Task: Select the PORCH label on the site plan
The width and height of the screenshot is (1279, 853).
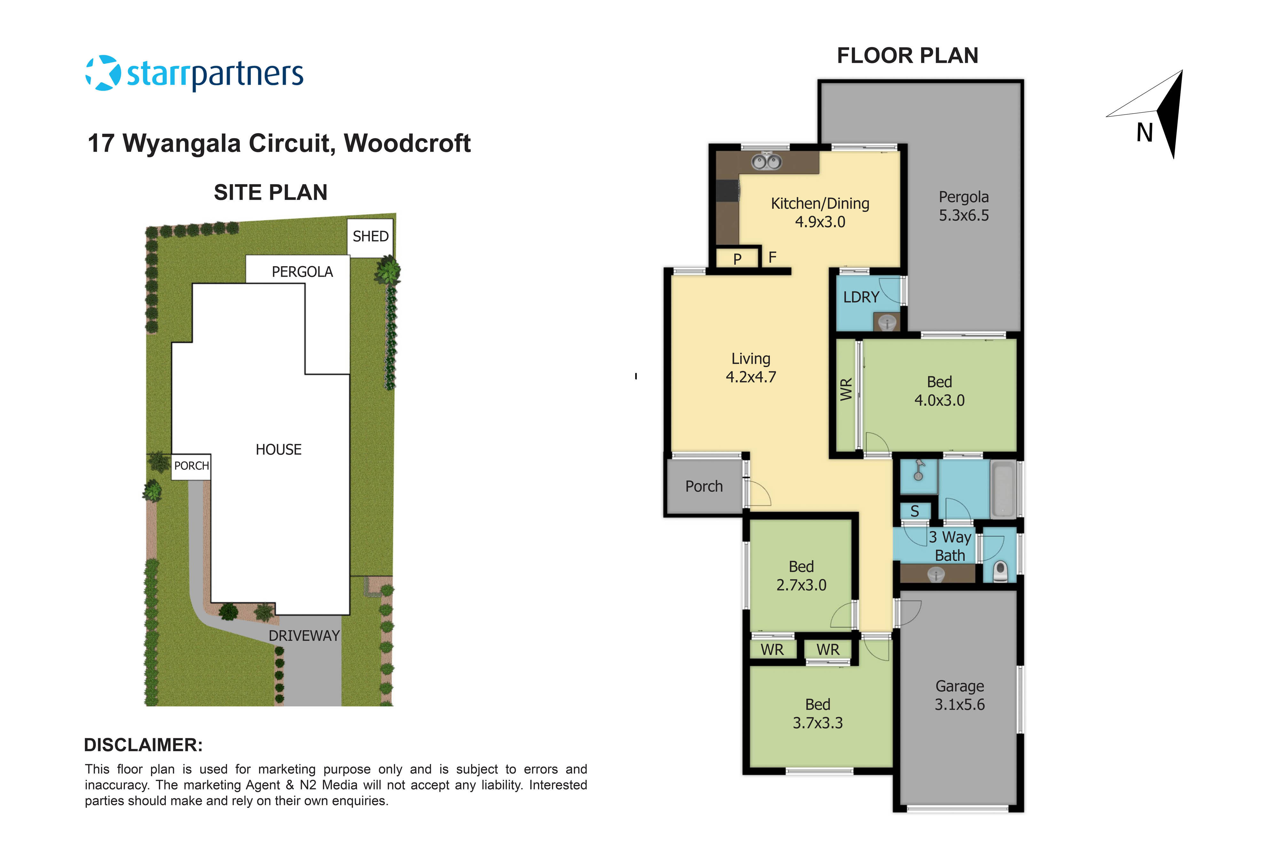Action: pos(192,466)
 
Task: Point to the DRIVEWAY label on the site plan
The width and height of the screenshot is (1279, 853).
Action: pos(304,636)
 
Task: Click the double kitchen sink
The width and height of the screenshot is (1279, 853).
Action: pos(766,162)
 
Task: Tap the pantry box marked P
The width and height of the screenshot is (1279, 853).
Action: pos(737,258)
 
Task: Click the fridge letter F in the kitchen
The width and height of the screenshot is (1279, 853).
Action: pos(772,257)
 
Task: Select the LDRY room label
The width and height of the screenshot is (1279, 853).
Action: pos(861,297)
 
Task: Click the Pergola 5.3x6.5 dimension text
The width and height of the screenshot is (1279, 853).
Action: pos(964,216)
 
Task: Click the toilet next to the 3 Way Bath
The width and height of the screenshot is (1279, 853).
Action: pos(1000,571)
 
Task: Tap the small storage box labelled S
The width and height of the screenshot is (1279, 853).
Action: pos(915,511)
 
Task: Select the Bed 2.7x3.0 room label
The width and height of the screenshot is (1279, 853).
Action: pos(801,576)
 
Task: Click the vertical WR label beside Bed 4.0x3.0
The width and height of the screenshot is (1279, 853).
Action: pos(846,390)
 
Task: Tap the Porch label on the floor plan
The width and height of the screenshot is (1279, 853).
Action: pos(704,486)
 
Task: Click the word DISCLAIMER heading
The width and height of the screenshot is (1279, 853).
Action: pos(143,745)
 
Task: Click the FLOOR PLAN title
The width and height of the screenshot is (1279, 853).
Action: pos(907,55)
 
